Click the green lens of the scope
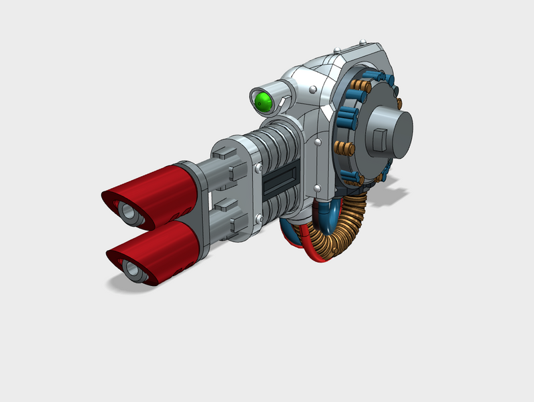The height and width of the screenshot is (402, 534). (263, 102)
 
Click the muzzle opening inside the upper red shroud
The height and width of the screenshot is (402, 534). (129, 212)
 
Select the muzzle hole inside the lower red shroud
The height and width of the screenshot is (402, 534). (133, 271)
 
